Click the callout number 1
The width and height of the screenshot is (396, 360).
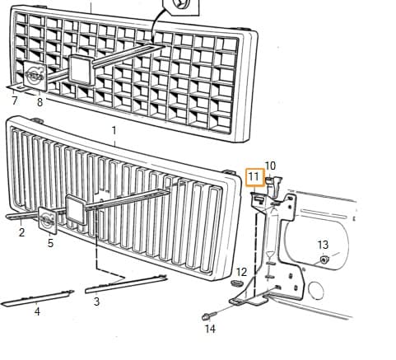114,130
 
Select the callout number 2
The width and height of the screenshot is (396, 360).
22,232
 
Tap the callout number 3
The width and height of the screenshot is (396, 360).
96,302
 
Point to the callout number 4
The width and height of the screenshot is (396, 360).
37,311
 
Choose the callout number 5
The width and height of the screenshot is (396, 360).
50,243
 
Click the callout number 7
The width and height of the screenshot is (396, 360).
15,101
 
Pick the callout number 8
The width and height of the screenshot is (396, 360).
40,102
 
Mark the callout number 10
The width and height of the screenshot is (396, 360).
270,166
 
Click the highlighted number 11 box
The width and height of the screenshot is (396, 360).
254,177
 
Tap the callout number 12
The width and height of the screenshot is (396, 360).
241,272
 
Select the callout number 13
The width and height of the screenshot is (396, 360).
323,245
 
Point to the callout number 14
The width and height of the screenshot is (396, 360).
210,329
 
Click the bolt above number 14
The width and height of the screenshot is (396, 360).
209,316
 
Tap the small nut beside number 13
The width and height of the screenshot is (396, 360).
324,259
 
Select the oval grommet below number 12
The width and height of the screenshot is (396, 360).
237,283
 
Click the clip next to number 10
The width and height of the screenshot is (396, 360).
274,186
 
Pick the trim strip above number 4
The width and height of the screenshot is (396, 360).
38,298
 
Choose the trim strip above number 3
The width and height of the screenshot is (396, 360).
126,284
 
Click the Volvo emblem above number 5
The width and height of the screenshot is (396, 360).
47,220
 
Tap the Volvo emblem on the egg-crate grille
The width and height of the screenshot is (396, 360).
35,76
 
